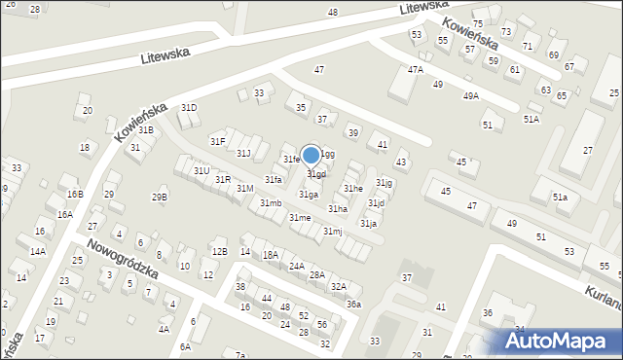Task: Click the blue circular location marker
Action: coord(311,155)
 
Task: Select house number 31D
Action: coord(189,108)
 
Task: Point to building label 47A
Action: coord(416,69)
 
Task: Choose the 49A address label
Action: coord(471,95)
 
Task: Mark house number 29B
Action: coord(159,198)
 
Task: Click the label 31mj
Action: coord(333,231)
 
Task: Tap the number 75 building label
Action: coord(477,23)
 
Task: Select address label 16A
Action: coord(64,214)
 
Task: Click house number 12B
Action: coord(220,252)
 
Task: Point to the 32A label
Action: coord(338,286)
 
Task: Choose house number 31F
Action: coord(218,142)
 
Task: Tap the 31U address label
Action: coord(201,170)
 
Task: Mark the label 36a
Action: coord(353,305)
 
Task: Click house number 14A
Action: coord(37,251)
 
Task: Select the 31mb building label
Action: coord(271,202)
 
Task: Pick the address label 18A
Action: coord(270,255)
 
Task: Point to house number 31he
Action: coord(352,188)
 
